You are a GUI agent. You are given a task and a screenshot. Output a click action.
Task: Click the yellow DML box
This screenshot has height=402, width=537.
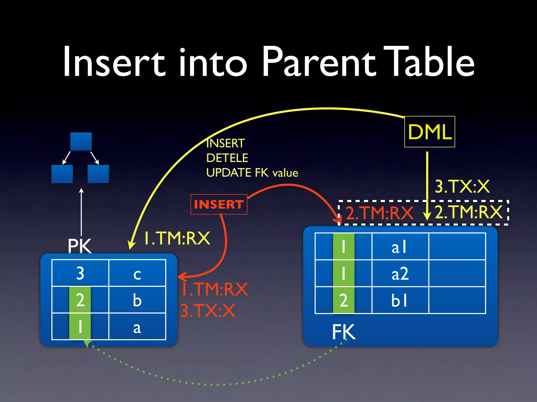429,132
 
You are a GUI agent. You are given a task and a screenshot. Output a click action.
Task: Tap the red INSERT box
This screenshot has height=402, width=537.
219,204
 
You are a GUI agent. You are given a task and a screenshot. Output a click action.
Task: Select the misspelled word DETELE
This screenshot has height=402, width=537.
227,158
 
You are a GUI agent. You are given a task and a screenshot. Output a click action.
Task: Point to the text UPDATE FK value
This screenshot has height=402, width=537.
252,173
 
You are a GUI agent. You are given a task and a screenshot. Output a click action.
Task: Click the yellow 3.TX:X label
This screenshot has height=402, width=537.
462,187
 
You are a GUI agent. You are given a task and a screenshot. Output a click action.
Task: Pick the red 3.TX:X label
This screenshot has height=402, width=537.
208,311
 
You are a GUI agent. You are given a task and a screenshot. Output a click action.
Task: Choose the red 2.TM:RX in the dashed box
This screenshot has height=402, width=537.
379,213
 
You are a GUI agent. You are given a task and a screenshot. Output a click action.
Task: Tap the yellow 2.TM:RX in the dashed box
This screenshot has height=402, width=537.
469,212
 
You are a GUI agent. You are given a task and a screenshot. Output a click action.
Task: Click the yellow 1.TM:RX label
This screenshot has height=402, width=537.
177,238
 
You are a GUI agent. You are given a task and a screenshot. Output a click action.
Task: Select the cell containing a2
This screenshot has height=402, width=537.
400,273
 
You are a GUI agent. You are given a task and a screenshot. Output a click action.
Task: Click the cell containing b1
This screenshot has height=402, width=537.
400,300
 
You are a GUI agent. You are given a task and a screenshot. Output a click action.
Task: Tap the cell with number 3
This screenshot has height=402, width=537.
80,273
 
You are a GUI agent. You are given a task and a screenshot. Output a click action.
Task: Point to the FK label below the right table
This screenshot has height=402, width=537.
344,332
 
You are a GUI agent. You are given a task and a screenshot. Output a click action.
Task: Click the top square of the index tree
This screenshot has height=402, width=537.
81,142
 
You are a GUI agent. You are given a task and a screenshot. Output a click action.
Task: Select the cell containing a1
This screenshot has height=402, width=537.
400,247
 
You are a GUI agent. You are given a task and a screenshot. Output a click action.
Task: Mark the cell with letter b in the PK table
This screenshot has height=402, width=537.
137,300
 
